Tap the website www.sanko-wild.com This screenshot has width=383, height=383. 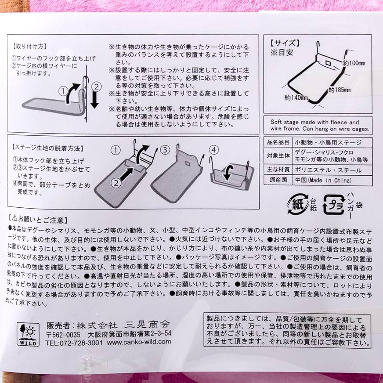point(139,342)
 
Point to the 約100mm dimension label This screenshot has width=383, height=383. point(354,63)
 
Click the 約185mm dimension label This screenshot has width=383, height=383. point(340,90)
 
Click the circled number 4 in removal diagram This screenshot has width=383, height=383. point(214,149)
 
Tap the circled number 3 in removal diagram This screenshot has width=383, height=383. point(165,150)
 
